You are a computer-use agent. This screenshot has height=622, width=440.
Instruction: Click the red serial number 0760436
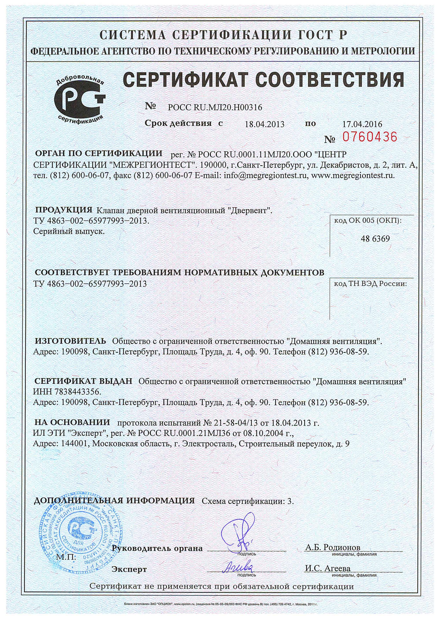point(370,137)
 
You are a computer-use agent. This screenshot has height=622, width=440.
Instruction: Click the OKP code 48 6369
point(375,239)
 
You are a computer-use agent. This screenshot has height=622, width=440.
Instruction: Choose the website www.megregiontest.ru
point(353,175)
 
